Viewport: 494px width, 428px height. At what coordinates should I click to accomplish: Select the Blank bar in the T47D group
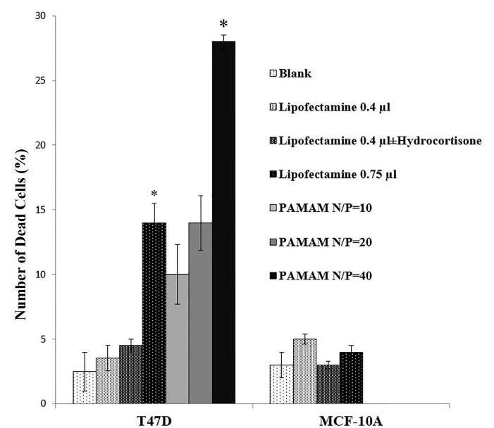pyautogui.click(x=85, y=387)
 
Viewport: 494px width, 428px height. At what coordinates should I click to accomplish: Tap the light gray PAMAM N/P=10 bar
pyautogui.click(x=177, y=339)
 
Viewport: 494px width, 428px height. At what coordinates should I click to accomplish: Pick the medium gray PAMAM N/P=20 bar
pyautogui.click(x=200, y=313)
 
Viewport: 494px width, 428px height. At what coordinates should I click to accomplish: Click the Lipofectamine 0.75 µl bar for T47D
pyautogui.click(x=154, y=313)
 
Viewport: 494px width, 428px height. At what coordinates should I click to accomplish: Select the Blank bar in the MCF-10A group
pyautogui.click(x=281, y=384)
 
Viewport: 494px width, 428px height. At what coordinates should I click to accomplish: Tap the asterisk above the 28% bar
pyautogui.click(x=224, y=26)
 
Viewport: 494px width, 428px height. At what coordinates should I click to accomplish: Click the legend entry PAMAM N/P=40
pyautogui.click(x=326, y=275)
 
